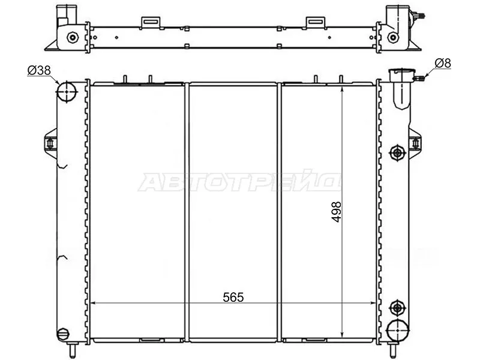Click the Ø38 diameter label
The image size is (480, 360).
[38, 71]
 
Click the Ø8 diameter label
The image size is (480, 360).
[443, 62]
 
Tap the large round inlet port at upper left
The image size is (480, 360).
[67, 92]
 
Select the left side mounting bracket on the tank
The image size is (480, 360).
[50, 143]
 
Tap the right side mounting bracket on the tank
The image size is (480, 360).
[415, 143]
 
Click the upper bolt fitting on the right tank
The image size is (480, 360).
[397, 152]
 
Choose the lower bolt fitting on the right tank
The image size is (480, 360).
[397, 308]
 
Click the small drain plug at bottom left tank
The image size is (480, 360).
[62, 334]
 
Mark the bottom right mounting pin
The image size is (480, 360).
[393, 349]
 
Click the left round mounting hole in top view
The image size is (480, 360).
[73, 37]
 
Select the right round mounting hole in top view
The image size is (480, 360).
[392, 37]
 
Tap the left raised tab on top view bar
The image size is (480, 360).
[150, 22]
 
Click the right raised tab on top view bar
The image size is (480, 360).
[314, 22]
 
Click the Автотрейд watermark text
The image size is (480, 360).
[240, 182]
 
